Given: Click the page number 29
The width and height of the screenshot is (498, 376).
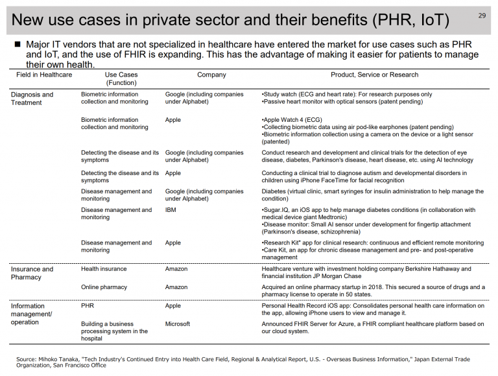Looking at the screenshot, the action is click(482, 16).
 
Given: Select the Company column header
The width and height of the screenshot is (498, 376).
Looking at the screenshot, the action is click(211, 75).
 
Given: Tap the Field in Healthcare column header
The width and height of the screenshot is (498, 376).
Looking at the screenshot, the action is click(44, 75).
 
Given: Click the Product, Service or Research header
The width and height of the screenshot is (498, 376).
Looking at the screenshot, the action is click(374, 75).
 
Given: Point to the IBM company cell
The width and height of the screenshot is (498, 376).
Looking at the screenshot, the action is click(171, 210).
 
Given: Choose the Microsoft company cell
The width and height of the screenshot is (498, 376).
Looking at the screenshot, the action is click(178, 324).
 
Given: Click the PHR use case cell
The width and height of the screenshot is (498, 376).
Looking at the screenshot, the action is click(88, 305).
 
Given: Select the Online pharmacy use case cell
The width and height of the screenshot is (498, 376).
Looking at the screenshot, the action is click(104, 287).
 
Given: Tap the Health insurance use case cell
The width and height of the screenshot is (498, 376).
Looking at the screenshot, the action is click(104, 268).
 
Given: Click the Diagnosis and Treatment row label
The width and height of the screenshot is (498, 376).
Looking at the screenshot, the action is click(32, 99).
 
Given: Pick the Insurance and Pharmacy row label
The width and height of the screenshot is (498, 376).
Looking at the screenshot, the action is click(32, 273).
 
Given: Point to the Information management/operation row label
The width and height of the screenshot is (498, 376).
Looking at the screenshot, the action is click(31, 314).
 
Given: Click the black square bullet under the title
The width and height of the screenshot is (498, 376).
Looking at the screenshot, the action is click(18, 44).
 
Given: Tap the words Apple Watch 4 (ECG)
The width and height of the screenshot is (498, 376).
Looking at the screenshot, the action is click(293, 120).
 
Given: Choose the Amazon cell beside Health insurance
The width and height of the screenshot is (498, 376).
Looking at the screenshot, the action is click(176, 268).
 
